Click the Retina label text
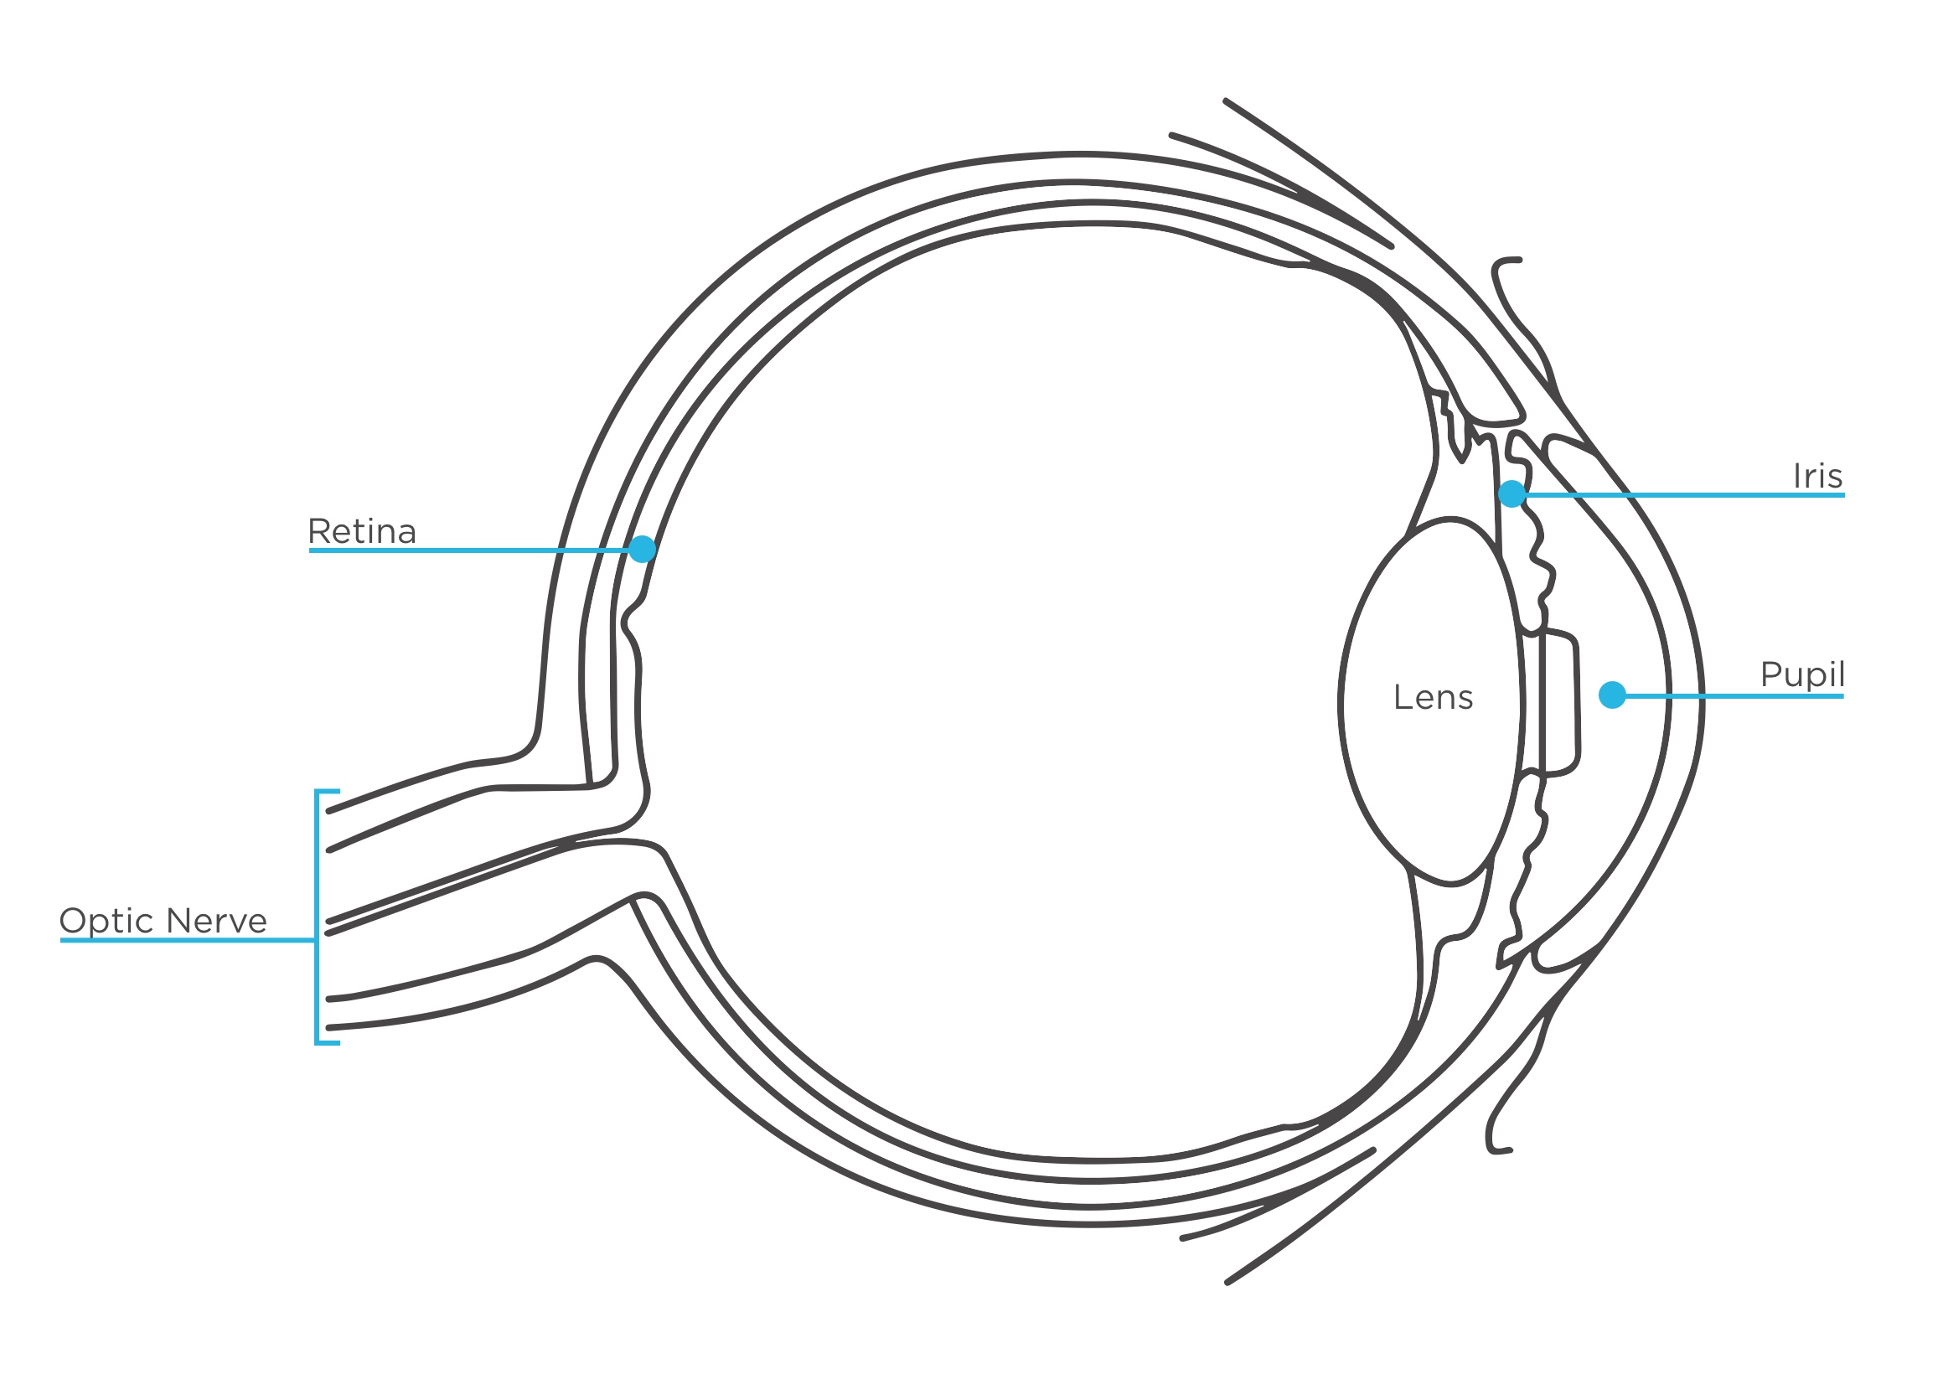point(361,532)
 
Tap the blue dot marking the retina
point(642,550)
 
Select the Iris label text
point(1817,477)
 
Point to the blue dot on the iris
point(1512,493)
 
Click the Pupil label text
point(1801,674)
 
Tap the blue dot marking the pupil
point(1612,695)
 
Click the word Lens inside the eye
point(1434,697)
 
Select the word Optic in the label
point(107,922)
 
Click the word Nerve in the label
point(217,921)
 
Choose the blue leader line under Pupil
point(1739,696)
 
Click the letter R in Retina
point(318,532)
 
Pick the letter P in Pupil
point(1770,674)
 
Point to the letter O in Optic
point(73,921)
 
